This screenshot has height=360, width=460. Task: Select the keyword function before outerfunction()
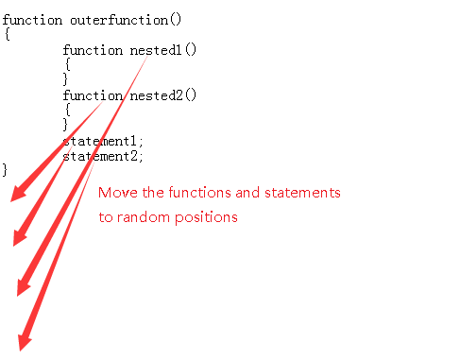coord(32,20)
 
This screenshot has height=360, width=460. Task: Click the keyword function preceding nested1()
coord(93,50)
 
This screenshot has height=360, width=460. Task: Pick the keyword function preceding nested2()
coord(93,95)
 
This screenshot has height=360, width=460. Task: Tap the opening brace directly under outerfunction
coord(7,35)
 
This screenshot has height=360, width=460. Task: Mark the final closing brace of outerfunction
coord(7,170)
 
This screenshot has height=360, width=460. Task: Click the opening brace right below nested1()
coord(67,65)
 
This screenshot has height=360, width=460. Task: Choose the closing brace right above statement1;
coord(67,125)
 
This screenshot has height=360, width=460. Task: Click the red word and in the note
coord(247,193)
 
